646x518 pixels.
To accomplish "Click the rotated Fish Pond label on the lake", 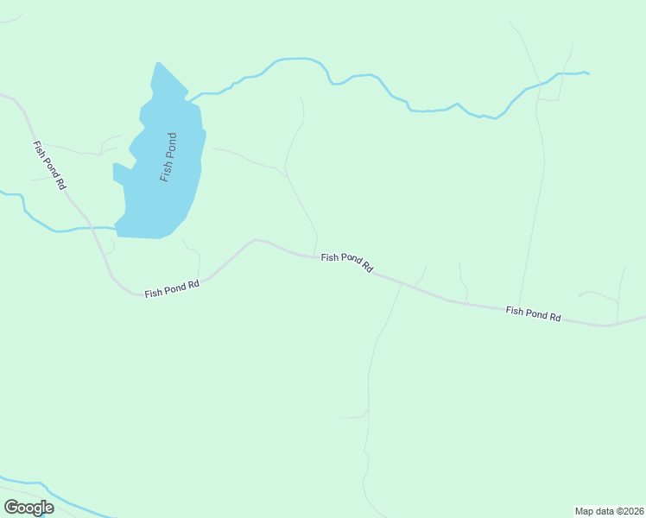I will click(x=168, y=156).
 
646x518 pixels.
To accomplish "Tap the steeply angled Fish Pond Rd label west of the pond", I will click(x=48, y=165).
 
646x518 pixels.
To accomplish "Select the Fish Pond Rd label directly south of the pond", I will click(x=172, y=288).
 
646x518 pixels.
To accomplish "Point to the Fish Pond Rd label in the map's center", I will click(x=346, y=262).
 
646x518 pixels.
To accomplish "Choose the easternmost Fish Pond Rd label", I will click(x=533, y=313).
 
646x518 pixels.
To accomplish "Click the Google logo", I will click(x=28, y=508).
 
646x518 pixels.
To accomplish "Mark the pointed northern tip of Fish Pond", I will click(x=158, y=64).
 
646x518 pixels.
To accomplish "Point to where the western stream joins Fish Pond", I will click(x=116, y=228).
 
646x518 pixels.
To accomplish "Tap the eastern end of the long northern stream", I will click(x=587, y=73).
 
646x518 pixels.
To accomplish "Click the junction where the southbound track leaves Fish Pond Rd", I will click(x=401, y=282).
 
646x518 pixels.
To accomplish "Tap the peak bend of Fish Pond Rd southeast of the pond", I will click(x=255, y=240).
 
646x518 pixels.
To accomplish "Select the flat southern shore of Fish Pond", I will click(x=142, y=237).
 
